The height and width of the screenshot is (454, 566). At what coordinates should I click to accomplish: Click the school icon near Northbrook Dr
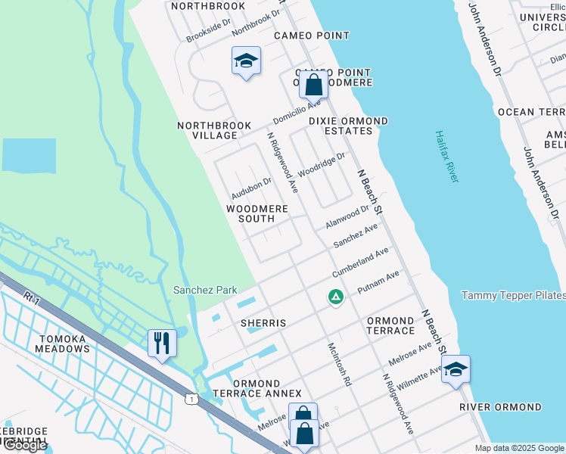[246, 61]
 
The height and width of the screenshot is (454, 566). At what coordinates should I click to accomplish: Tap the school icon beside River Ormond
[456, 370]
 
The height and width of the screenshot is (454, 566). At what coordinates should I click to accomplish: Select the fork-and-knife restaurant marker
[162, 344]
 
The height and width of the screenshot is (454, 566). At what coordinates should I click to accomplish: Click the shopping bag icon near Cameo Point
[313, 86]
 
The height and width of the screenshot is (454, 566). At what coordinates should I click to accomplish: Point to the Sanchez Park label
[205, 290]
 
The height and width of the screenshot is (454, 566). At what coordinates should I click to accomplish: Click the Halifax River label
[446, 156]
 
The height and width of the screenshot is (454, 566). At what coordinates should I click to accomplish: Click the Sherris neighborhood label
[263, 323]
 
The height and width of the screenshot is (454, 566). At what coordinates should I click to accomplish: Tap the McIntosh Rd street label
[340, 364]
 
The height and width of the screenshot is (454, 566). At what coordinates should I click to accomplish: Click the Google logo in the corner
[24, 445]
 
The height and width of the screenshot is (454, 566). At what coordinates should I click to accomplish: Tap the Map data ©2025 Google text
[519, 448]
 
